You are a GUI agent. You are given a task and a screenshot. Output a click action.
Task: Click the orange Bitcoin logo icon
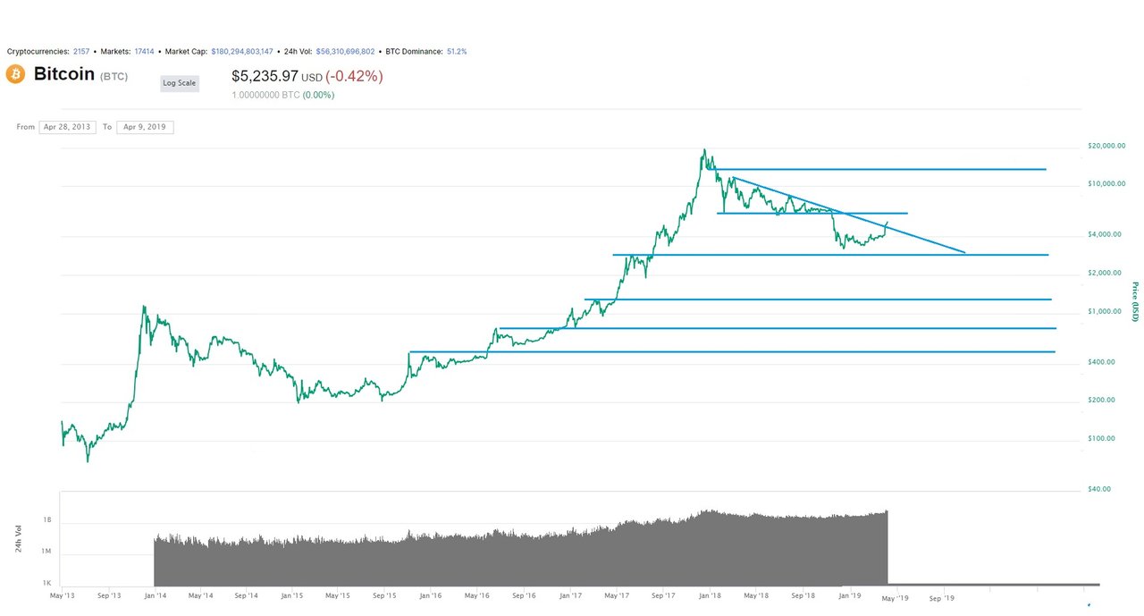[15, 74]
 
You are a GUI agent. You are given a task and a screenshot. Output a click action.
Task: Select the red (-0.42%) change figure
[354, 77]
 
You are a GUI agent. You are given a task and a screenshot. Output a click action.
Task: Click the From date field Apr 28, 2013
[68, 127]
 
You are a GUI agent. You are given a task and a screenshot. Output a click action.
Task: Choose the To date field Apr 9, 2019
[145, 127]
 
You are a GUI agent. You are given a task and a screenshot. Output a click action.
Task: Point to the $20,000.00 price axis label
[1106, 146]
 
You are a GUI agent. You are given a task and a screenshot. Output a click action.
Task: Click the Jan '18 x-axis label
[711, 595]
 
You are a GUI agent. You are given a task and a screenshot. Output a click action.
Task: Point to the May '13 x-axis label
[62, 595]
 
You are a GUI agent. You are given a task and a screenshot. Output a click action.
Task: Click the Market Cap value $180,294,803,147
[242, 52]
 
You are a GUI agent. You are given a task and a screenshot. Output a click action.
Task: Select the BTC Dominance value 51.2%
[456, 52]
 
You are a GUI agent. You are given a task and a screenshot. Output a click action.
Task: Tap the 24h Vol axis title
[19, 539]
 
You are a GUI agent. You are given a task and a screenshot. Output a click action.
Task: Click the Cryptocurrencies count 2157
[82, 52]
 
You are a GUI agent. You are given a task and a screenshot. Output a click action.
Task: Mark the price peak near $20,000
[704, 149]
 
